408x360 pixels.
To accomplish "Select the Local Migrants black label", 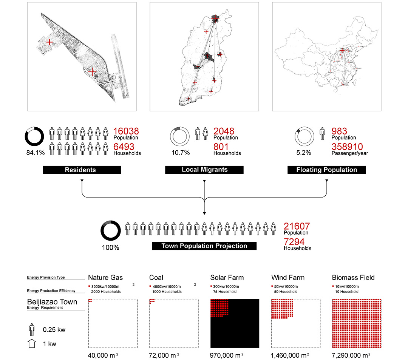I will [204, 170].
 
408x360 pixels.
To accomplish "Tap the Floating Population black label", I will [327, 170].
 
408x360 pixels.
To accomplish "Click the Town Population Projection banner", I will [204, 246].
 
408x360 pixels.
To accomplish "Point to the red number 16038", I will [126, 131].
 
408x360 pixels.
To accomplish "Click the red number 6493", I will [124, 147].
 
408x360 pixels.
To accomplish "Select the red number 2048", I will [224, 131].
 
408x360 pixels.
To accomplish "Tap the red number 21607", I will [297, 226].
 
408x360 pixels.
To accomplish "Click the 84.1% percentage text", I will [35, 153].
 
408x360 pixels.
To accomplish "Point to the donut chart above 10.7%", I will [180, 136].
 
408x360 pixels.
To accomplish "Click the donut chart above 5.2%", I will [304, 136].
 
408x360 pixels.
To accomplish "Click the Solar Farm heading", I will [226, 278].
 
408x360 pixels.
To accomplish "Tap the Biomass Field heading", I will [353, 278].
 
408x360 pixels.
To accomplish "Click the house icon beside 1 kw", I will [32, 344].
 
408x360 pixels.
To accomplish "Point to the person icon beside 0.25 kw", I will [32, 329].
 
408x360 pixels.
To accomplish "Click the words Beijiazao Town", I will [52, 302].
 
